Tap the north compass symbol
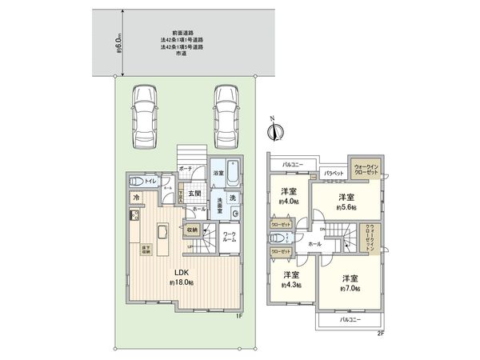click(273, 128)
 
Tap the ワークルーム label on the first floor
click(229, 237)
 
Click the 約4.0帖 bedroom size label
click(289, 202)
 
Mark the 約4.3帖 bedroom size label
click(289, 284)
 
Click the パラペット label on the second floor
click(334, 174)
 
